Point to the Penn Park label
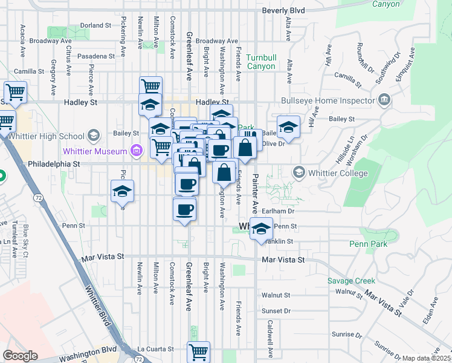click(x=368, y=244)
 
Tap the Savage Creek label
click(x=351, y=281)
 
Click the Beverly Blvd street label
click(x=283, y=11)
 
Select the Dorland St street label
click(x=96, y=25)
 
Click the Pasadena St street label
click(x=95, y=56)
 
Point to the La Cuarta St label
click(x=155, y=349)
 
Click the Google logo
click(x=20, y=356)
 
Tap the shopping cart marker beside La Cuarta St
click(x=199, y=352)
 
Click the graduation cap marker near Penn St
click(x=260, y=230)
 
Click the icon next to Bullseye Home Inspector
click(x=383, y=100)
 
